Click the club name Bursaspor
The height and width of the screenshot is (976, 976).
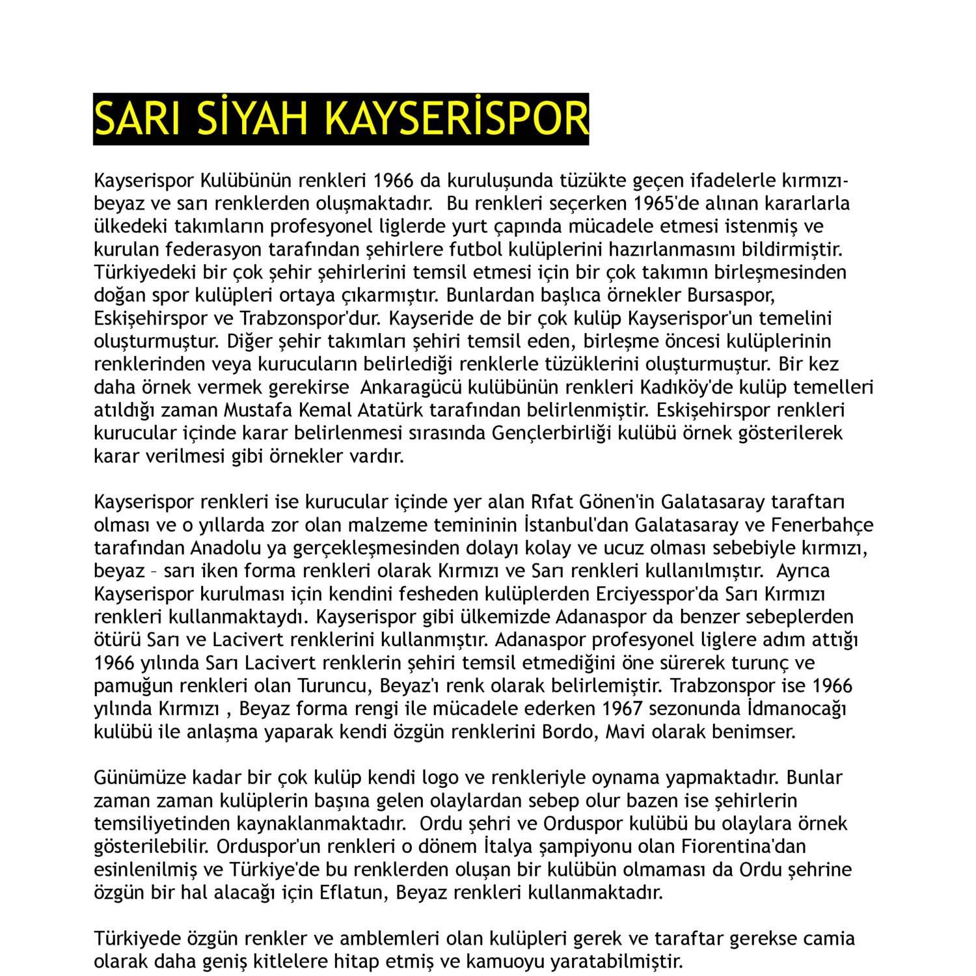click(x=731, y=295)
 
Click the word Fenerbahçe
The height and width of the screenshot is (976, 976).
click(x=822, y=525)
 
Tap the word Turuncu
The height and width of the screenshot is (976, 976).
click(x=335, y=686)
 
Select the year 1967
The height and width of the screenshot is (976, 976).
click(x=625, y=709)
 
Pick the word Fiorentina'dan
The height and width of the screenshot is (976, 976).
click(x=744, y=847)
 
